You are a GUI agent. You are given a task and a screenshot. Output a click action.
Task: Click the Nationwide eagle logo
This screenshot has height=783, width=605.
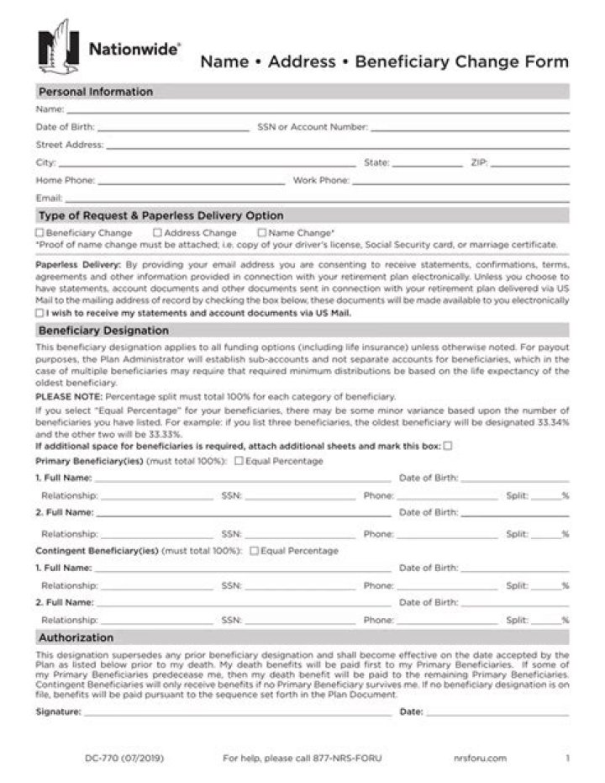[x=58, y=47]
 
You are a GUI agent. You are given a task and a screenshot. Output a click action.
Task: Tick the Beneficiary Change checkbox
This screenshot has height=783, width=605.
[x=39, y=233]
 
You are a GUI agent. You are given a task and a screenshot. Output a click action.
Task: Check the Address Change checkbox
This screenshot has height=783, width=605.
[x=157, y=233]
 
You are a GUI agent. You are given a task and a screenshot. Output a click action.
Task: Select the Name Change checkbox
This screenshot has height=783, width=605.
[x=262, y=233]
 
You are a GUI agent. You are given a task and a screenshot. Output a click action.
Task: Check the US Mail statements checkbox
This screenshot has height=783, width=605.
[x=39, y=312]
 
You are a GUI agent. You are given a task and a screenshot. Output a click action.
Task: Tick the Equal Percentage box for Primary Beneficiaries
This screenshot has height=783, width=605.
[x=239, y=461]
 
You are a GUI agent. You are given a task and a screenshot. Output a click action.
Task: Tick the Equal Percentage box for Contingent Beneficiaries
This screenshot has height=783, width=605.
[x=254, y=551]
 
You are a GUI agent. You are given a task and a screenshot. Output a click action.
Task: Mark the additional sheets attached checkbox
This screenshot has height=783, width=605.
[x=448, y=446]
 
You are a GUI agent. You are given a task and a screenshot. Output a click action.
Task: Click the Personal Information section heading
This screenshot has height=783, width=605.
[x=95, y=92]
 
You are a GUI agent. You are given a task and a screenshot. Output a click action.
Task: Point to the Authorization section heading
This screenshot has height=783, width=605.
[x=76, y=638]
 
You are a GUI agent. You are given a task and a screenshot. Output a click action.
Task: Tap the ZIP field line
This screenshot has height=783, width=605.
[x=529, y=163]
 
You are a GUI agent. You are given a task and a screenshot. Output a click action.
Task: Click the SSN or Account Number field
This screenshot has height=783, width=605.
[x=469, y=128]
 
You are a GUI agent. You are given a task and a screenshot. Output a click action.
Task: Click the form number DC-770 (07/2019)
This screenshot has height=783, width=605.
[x=124, y=758]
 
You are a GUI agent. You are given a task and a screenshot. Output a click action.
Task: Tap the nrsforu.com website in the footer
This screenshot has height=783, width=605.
[x=479, y=758]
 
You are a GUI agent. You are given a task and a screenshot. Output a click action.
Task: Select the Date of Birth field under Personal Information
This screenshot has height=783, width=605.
[x=172, y=128]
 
